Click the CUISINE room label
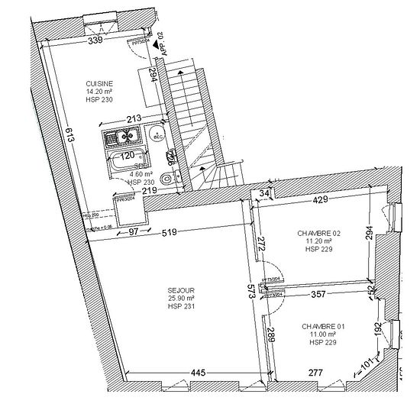100,85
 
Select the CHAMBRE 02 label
320,233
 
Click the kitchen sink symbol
122,138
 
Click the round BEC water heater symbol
157,136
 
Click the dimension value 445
197,373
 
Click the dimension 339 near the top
95,40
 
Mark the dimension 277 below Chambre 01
316,373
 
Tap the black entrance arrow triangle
156,47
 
